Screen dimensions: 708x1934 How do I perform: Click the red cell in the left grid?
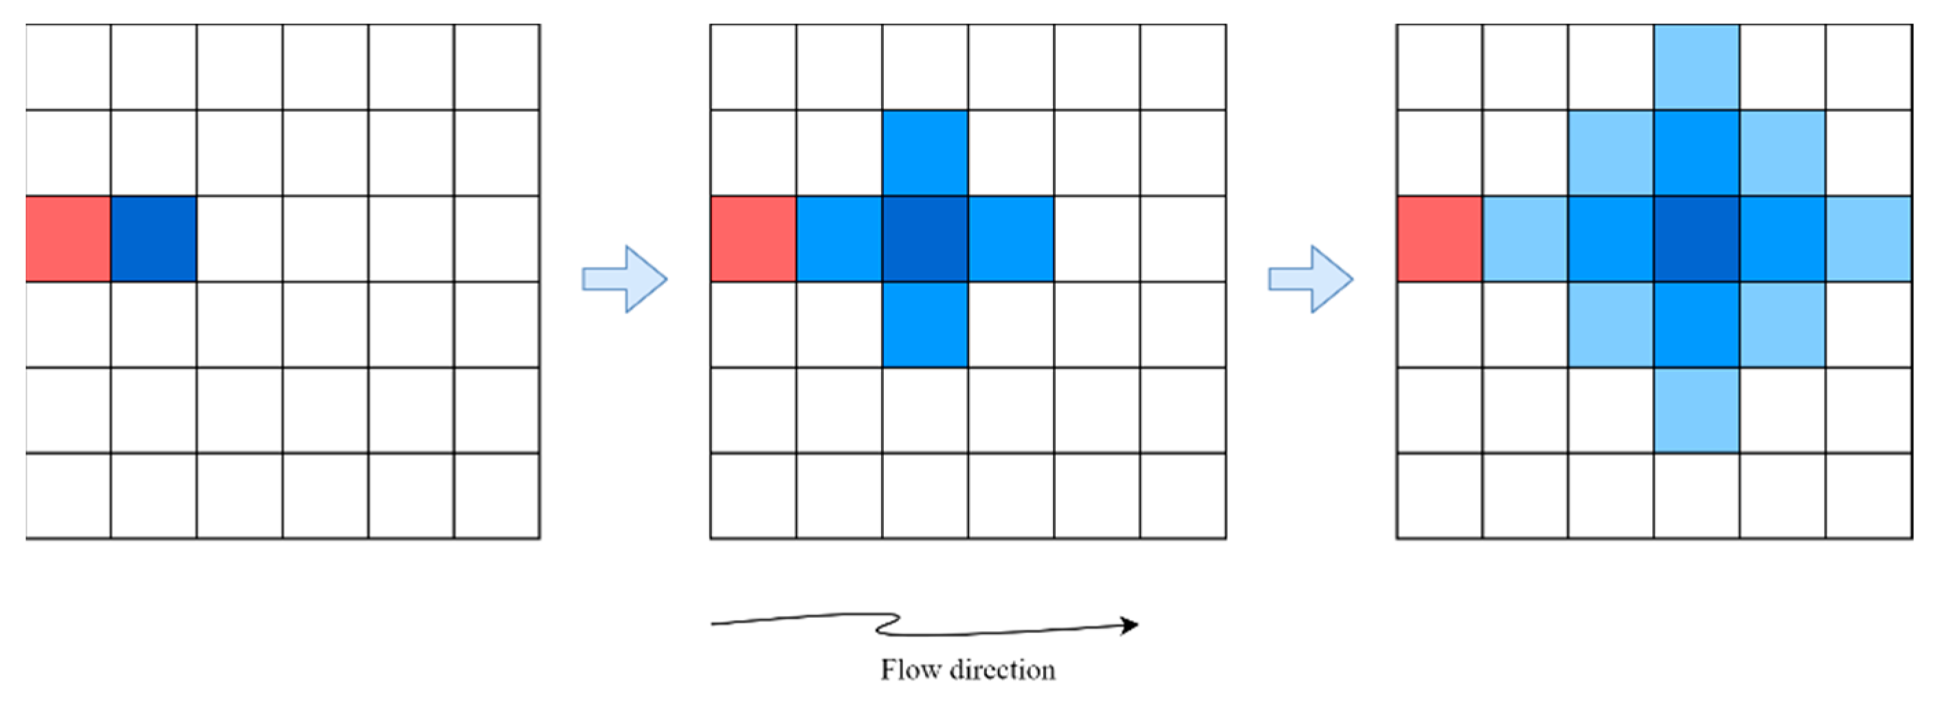[x=68, y=239]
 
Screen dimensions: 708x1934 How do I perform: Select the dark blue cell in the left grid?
[x=154, y=239]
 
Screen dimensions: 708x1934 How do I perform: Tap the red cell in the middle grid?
[x=753, y=239]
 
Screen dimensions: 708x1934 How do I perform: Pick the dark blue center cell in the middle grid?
[x=925, y=239]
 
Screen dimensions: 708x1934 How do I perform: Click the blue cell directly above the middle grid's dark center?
[x=925, y=153]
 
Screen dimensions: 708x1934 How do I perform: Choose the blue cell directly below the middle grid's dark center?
[x=925, y=324]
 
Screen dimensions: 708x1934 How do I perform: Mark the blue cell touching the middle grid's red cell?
[x=839, y=239]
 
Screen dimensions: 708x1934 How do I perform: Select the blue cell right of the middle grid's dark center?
[x=1010, y=239]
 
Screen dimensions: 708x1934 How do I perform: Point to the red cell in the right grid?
[x=1439, y=239]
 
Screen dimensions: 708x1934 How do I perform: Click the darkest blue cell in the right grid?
[x=1697, y=239]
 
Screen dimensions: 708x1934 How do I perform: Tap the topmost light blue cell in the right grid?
[x=1697, y=67]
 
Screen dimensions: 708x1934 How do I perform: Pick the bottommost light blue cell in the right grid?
[x=1697, y=410]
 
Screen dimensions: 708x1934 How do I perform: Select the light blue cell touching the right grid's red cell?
[x=1525, y=239]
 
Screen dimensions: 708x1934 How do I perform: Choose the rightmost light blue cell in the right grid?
[x=1869, y=239]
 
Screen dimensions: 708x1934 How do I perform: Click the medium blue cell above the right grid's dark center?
[x=1697, y=153]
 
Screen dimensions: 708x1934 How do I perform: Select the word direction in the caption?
[x=1002, y=670]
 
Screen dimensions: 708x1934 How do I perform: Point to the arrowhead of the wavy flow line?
[x=1130, y=625]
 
